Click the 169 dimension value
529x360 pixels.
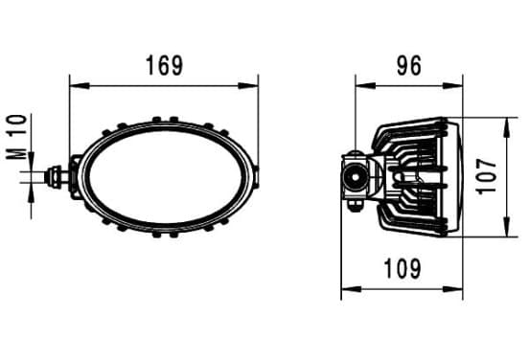click(x=165, y=65)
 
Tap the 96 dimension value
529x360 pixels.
click(x=409, y=65)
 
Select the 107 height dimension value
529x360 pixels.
click(x=487, y=176)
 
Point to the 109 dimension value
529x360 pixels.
click(x=402, y=269)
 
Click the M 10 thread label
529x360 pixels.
click(x=17, y=137)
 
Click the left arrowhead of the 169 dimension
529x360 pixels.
click(x=80, y=86)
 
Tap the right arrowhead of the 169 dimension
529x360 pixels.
click(x=248, y=86)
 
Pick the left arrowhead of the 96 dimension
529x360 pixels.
click(x=365, y=86)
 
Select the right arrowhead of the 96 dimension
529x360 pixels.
click(x=452, y=86)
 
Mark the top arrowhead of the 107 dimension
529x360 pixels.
click(x=506, y=127)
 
